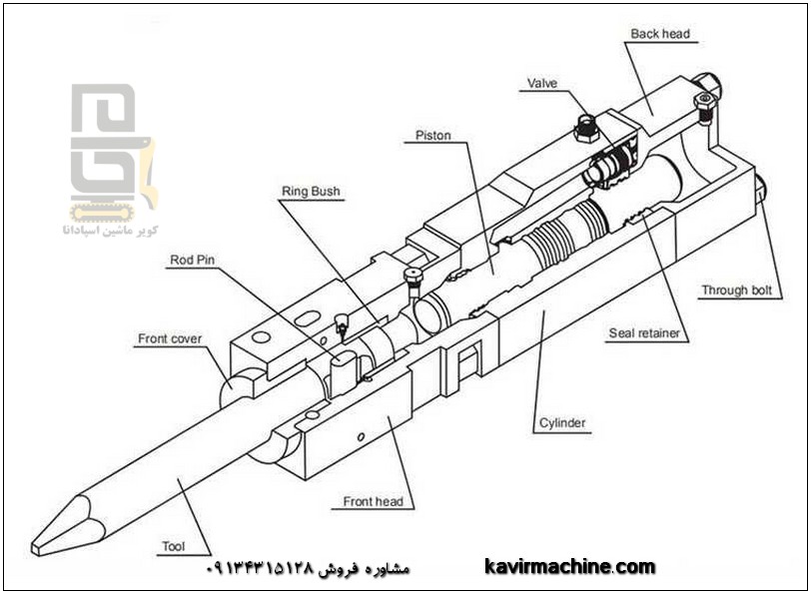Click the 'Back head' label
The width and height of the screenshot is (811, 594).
(x=660, y=34)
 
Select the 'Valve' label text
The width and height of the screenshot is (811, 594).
(x=542, y=84)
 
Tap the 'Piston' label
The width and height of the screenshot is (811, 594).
(x=433, y=135)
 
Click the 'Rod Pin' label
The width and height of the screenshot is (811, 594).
(x=193, y=260)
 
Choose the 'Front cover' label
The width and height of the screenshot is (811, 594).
(x=170, y=339)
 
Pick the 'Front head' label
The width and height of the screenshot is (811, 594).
(x=374, y=501)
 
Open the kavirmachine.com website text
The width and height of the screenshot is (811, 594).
(x=570, y=567)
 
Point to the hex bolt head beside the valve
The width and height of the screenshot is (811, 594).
(x=586, y=126)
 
